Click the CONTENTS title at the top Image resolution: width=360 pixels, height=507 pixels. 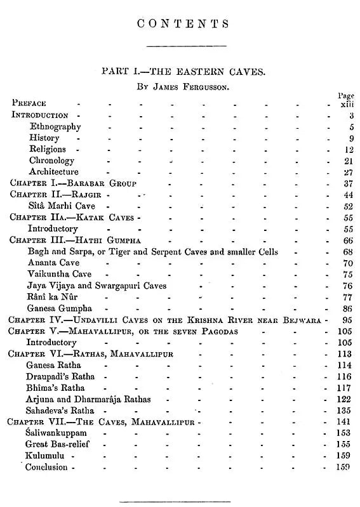(183, 25)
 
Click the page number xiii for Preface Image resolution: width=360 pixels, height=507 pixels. (345, 103)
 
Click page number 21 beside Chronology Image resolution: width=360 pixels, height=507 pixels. (346, 161)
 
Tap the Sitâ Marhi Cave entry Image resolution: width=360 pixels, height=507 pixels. (63, 206)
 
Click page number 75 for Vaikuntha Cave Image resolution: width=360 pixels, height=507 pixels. (346, 275)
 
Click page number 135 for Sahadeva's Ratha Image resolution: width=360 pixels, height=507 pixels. (343, 411)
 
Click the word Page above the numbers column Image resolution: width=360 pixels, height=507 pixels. (346, 95)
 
